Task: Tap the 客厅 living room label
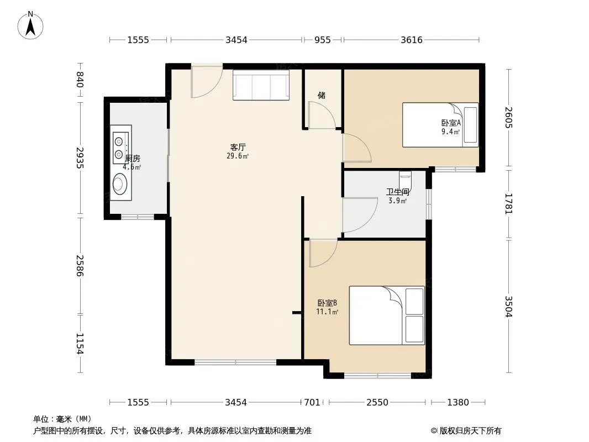tap(238, 147)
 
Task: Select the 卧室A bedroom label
tap(451, 123)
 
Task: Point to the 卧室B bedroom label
tap(327, 303)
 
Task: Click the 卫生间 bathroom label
tap(397, 192)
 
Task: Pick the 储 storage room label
tap(322, 96)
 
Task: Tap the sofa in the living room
tap(261, 85)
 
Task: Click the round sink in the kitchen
tap(120, 183)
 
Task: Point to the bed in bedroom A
tap(440, 125)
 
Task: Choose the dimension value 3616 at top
tap(411, 40)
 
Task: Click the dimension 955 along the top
tap(323, 40)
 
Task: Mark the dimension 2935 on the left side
tap(80, 157)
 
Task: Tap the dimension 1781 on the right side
tap(508, 203)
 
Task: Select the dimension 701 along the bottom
tap(312, 403)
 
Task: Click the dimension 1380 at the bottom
tap(458, 403)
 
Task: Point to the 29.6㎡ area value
tap(238, 156)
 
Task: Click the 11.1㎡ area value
tap(327, 312)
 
